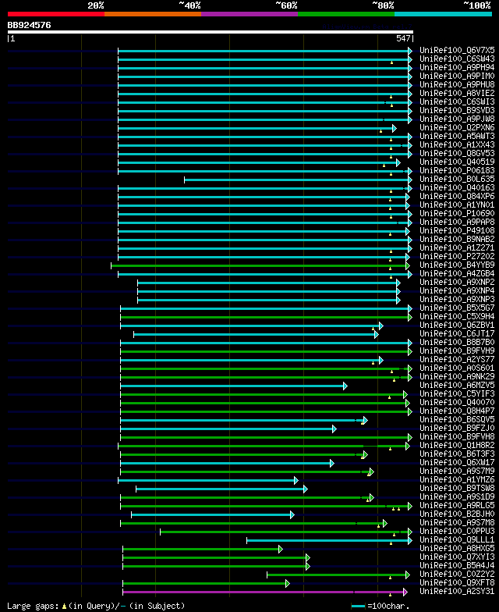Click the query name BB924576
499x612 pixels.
pyautogui.click(x=30, y=25)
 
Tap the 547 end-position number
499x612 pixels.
pyautogui.click(x=403, y=38)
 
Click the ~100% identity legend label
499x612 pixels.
pyautogui.click(x=476, y=5)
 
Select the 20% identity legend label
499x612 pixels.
pyautogui.click(x=96, y=5)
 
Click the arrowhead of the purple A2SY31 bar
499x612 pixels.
pyautogui.click(x=405, y=592)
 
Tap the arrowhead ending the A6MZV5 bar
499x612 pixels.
pyautogui.click(x=345, y=386)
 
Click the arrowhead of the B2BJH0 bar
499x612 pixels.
pyautogui.click(x=292, y=514)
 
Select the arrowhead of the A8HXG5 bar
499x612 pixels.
pyautogui.click(x=280, y=549)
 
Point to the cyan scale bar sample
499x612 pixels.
pyautogui.click(x=358, y=606)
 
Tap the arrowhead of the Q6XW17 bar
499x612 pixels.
pyautogui.click(x=331, y=463)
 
